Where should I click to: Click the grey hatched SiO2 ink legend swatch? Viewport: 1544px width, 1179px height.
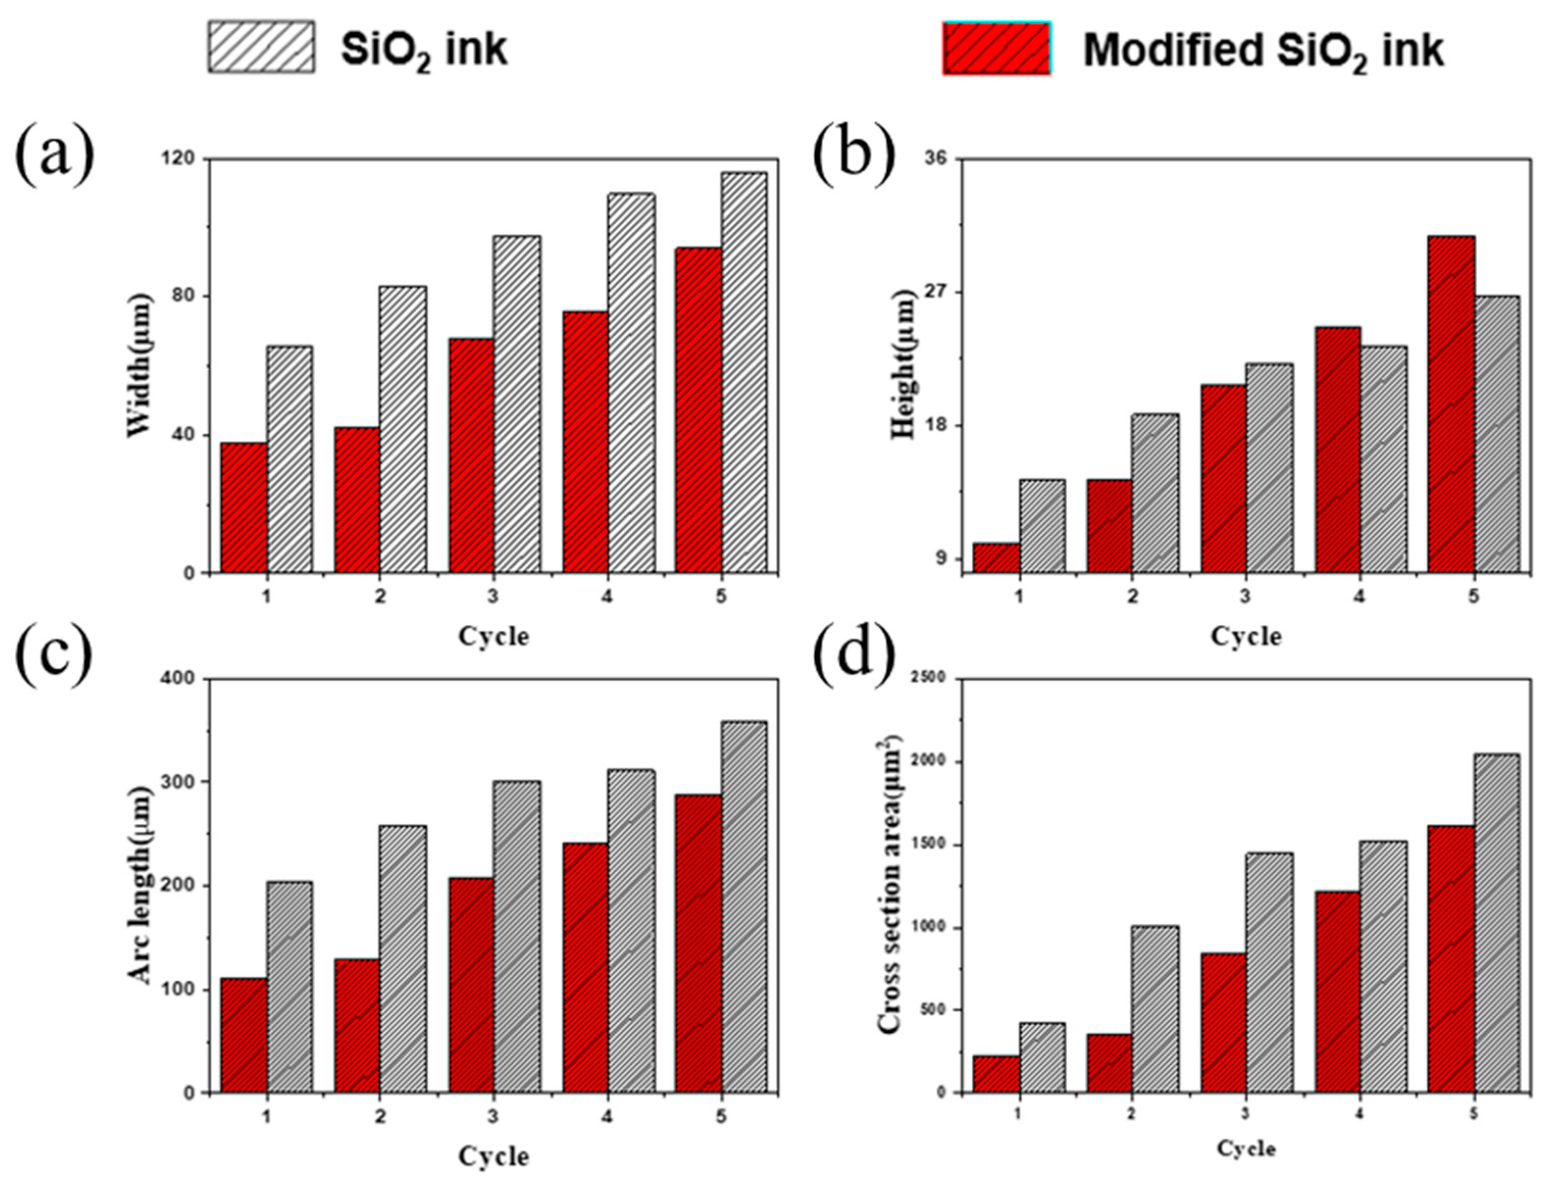click(261, 46)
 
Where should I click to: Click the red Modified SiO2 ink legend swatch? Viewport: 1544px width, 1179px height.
click(996, 48)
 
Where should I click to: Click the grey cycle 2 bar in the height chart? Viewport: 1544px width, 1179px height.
click(1154, 493)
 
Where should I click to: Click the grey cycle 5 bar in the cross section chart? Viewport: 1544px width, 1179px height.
click(1496, 923)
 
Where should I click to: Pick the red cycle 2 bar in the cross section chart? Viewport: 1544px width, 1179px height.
click(1109, 1063)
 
